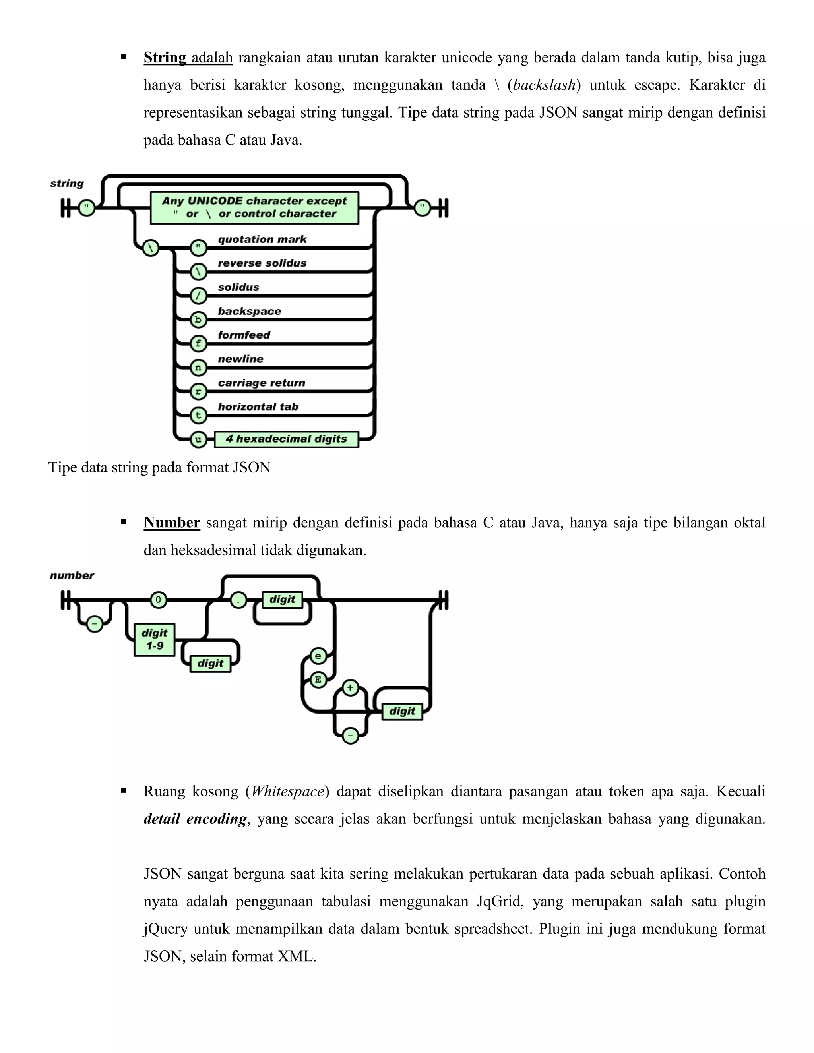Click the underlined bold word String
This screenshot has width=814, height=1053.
pos(165,58)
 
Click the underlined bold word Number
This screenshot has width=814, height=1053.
pos(172,523)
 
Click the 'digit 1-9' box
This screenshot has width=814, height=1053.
pos(154,640)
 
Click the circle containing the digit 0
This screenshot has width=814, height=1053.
pos(158,600)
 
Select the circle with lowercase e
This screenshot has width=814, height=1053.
pos(318,656)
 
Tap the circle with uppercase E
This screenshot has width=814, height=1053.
pos(318,680)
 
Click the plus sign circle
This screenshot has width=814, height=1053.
pos(350,688)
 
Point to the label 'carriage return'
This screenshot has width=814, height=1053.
pos(262,383)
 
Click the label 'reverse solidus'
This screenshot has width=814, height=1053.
pos(262,263)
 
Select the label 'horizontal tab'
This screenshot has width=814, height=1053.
pos(258,407)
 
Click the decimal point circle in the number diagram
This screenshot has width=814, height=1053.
pos(238,600)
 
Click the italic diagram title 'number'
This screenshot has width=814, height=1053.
pos(72,575)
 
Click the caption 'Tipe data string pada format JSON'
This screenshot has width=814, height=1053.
pos(159,468)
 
